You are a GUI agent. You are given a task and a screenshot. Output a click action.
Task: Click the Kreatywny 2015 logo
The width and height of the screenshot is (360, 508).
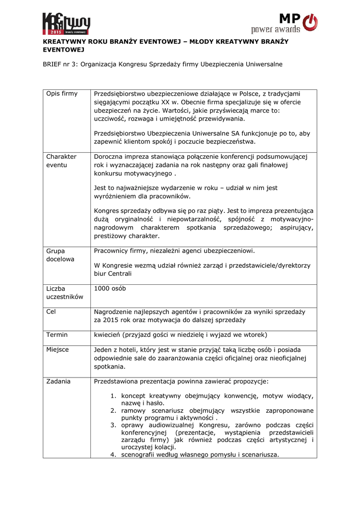(x=66, y=23)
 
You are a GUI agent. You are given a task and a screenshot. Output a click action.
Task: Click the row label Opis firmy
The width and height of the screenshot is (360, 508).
(x=62, y=94)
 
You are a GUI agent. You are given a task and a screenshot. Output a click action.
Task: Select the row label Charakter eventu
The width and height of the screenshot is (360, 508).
(x=61, y=160)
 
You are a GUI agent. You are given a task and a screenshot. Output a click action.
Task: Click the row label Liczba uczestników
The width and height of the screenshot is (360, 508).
(x=65, y=293)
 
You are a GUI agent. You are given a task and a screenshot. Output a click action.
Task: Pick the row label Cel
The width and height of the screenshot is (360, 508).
(x=51, y=312)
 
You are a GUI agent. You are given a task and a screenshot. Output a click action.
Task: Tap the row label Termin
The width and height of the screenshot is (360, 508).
(x=57, y=334)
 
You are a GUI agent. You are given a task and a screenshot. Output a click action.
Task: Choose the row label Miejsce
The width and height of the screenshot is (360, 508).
(x=58, y=350)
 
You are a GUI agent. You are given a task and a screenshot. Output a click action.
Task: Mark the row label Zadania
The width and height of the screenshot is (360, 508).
(x=58, y=381)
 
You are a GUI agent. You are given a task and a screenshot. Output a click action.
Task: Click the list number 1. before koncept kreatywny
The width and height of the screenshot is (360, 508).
(x=113, y=396)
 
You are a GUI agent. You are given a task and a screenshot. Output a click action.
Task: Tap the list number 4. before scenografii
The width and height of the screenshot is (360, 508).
(x=113, y=455)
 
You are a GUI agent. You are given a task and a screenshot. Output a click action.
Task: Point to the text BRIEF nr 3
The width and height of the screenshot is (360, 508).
(x=60, y=64)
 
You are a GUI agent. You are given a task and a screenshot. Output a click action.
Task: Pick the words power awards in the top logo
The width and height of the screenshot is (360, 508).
(x=276, y=30)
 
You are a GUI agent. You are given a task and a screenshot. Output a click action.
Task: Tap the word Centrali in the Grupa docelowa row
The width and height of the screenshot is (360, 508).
(x=118, y=273)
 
